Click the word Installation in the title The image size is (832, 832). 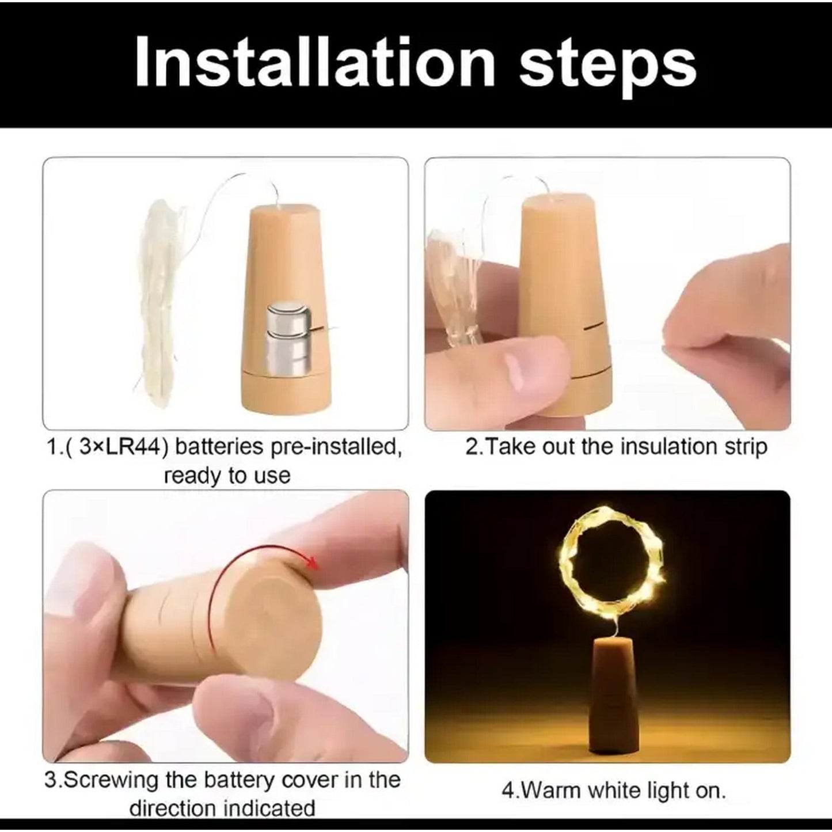315,63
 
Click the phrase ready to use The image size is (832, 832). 227,476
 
